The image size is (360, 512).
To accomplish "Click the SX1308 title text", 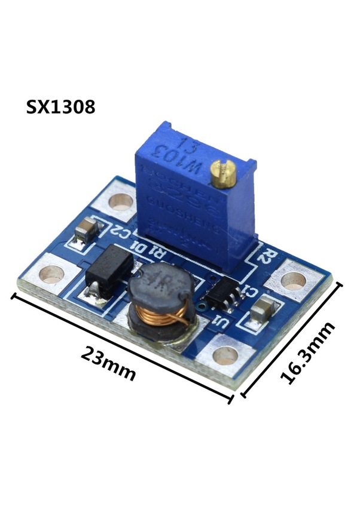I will point(60,108).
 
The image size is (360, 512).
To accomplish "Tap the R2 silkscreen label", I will point(266,256).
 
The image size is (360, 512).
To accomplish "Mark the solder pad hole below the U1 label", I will point(225,356).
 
